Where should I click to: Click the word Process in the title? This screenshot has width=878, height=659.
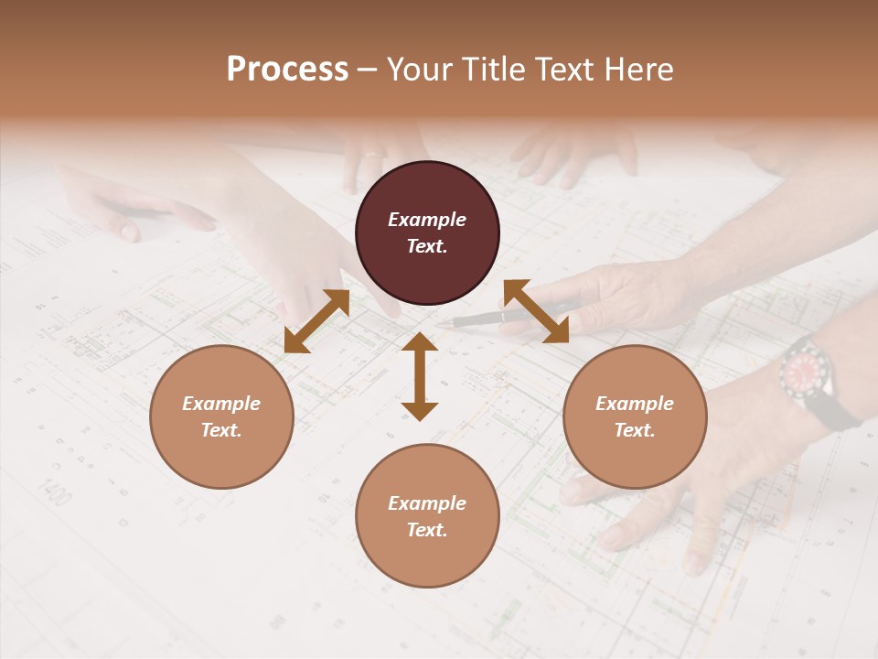click(287, 70)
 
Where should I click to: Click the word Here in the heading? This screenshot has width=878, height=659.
click(639, 70)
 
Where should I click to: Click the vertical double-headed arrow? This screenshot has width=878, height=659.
click(420, 376)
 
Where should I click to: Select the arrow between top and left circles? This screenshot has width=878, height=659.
click(316, 321)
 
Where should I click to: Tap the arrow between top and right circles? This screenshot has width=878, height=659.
click(536, 311)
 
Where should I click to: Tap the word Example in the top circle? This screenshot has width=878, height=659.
click(427, 220)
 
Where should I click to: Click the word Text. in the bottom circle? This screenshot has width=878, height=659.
click(427, 530)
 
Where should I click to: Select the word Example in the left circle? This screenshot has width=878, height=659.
click(221, 404)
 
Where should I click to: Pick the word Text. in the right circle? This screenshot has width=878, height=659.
click(635, 430)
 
